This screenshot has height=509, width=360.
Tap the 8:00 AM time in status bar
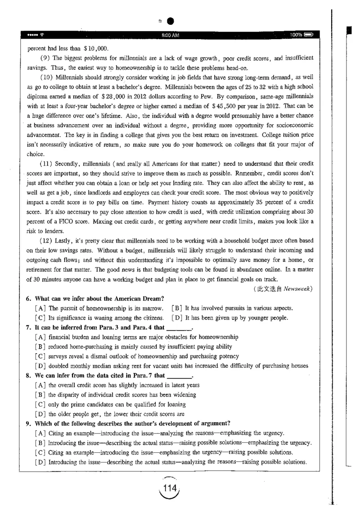(170, 35)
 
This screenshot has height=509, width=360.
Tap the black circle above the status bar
(170, 21)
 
